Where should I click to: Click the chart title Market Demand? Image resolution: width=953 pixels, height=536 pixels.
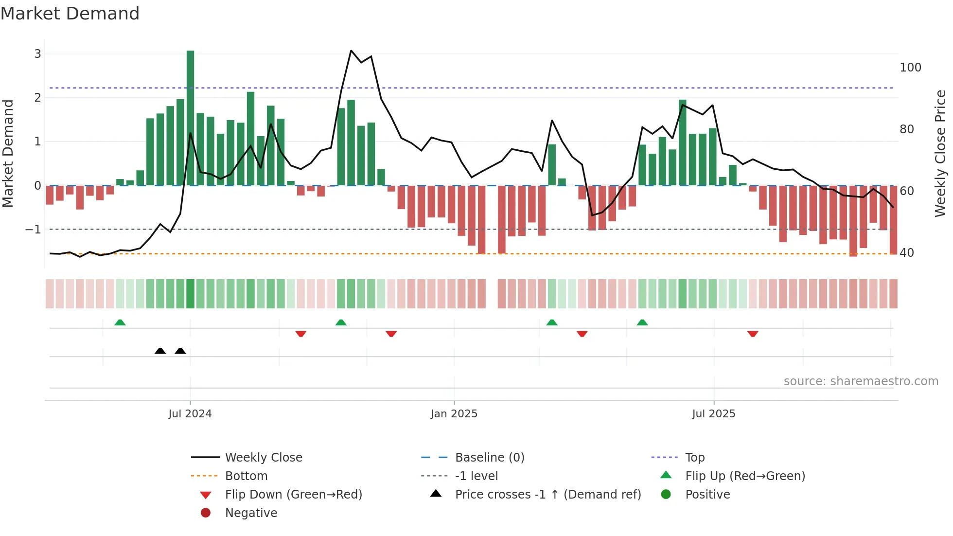(70, 14)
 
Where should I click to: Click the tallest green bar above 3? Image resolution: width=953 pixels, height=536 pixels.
(190, 117)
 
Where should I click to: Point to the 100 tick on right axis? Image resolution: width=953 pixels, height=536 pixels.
(910, 68)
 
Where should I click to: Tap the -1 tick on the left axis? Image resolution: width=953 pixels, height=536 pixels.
(33, 229)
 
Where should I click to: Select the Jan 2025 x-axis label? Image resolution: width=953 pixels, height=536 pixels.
(454, 414)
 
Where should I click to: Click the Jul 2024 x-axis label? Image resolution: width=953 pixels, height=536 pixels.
(190, 414)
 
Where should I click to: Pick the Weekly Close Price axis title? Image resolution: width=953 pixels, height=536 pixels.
(940, 153)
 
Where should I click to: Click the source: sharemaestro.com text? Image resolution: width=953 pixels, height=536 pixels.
(861, 381)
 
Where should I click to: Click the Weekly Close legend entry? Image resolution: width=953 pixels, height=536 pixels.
(263, 458)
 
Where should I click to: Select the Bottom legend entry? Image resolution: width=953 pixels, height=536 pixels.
(246, 476)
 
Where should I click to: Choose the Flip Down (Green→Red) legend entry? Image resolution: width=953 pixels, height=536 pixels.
(293, 495)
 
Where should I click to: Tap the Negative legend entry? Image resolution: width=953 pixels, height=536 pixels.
(251, 513)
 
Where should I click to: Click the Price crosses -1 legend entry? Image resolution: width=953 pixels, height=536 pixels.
(547, 495)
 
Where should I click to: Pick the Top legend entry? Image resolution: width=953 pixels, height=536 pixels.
(694, 458)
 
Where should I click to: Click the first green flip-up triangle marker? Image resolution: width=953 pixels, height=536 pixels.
(120, 322)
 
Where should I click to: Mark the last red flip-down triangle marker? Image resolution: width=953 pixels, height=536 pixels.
(753, 334)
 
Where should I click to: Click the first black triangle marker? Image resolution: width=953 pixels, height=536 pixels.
(160, 351)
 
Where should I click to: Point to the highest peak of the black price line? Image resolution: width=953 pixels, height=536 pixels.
(351, 51)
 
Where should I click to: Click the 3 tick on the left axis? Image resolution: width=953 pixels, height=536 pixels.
(37, 54)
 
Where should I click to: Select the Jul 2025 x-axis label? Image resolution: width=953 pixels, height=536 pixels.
(713, 414)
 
